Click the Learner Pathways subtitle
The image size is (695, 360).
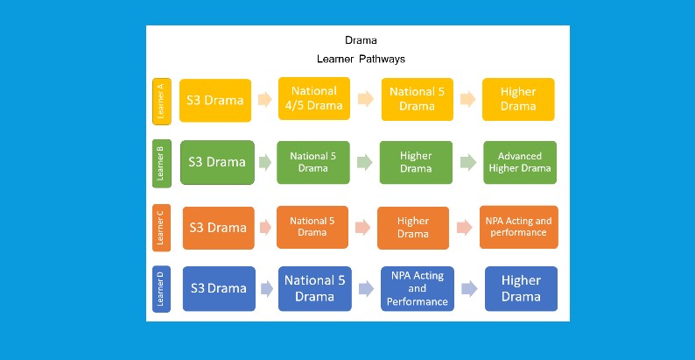pos(362,60)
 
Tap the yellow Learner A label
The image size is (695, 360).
pos(160,101)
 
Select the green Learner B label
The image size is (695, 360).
pos(160,162)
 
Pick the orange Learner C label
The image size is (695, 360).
pos(160,228)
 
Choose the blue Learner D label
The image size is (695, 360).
pos(160,288)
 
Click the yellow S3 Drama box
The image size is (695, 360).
pos(215,100)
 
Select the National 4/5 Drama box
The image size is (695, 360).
pos(313,99)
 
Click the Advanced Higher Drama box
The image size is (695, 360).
pos(519,162)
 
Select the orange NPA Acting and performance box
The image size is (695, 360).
pos(519,227)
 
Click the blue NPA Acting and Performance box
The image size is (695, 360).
pos(418,288)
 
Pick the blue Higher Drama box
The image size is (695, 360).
pos(521,288)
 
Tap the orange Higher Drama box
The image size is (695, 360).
pos(413,228)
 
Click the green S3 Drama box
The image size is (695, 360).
pos(217,162)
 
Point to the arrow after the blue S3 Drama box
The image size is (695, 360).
pos(265,289)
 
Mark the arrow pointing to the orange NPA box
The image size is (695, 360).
pos(464,228)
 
